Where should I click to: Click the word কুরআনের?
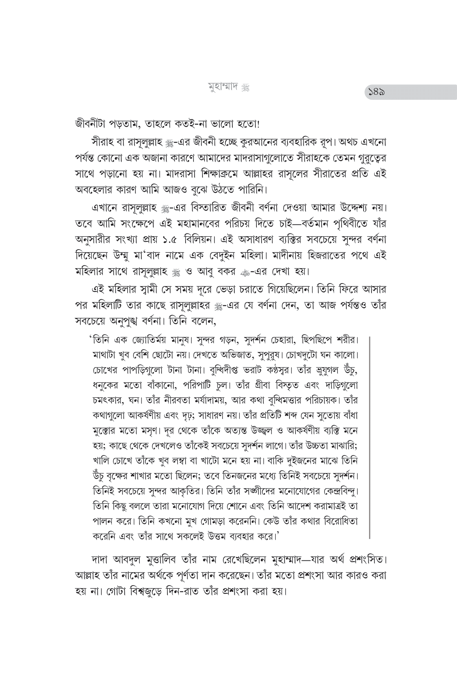227,141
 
